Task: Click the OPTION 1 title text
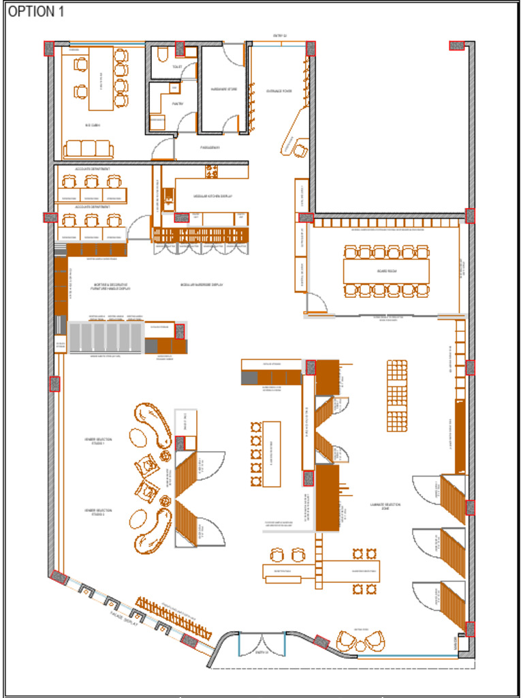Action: click(36, 12)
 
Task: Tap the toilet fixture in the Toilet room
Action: click(162, 55)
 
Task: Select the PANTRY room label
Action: click(176, 104)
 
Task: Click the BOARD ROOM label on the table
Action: click(387, 271)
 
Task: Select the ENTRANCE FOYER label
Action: click(279, 91)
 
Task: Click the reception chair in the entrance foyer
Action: click(300, 151)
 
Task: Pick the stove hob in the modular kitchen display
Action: click(212, 172)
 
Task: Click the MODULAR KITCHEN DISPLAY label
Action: click(212, 196)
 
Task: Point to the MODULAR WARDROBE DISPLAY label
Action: click(202, 284)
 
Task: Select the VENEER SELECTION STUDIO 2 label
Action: click(98, 511)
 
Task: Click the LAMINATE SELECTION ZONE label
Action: click(385, 506)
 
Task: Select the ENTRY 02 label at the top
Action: click(280, 35)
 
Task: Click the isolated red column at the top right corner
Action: click(456, 46)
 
